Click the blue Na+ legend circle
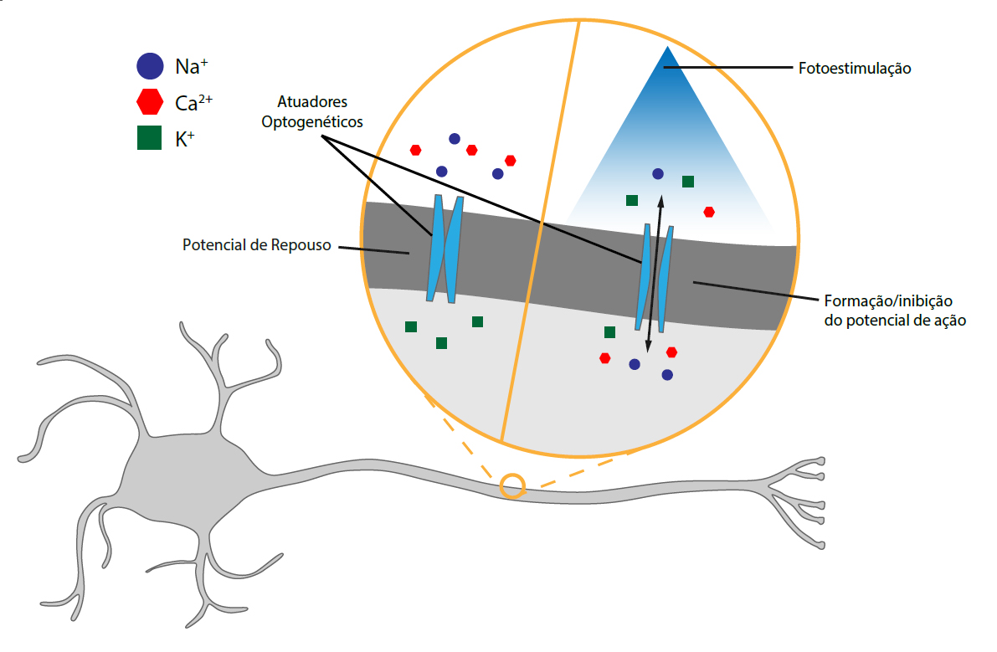tap(150, 66)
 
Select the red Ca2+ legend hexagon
tap(150, 101)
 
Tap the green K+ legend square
tap(149, 138)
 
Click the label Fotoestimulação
tap(855, 68)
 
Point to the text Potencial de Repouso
tap(257, 244)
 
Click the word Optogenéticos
tap(312, 122)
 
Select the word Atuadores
tap(312, 101)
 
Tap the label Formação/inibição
tap(888, 300)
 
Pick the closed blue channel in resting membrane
tap(445, 249)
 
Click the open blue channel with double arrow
tap(655, 278)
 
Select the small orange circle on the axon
tap(512, 485)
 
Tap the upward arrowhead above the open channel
tap(660, 200)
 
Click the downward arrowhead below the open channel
tap(648, 347)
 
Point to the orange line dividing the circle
tap(541, 231)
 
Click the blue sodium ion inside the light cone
tap(658, 173)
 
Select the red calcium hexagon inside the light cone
tap(709, 212)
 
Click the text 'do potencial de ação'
tap(895, 321)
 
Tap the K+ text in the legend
tap(185, 139)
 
